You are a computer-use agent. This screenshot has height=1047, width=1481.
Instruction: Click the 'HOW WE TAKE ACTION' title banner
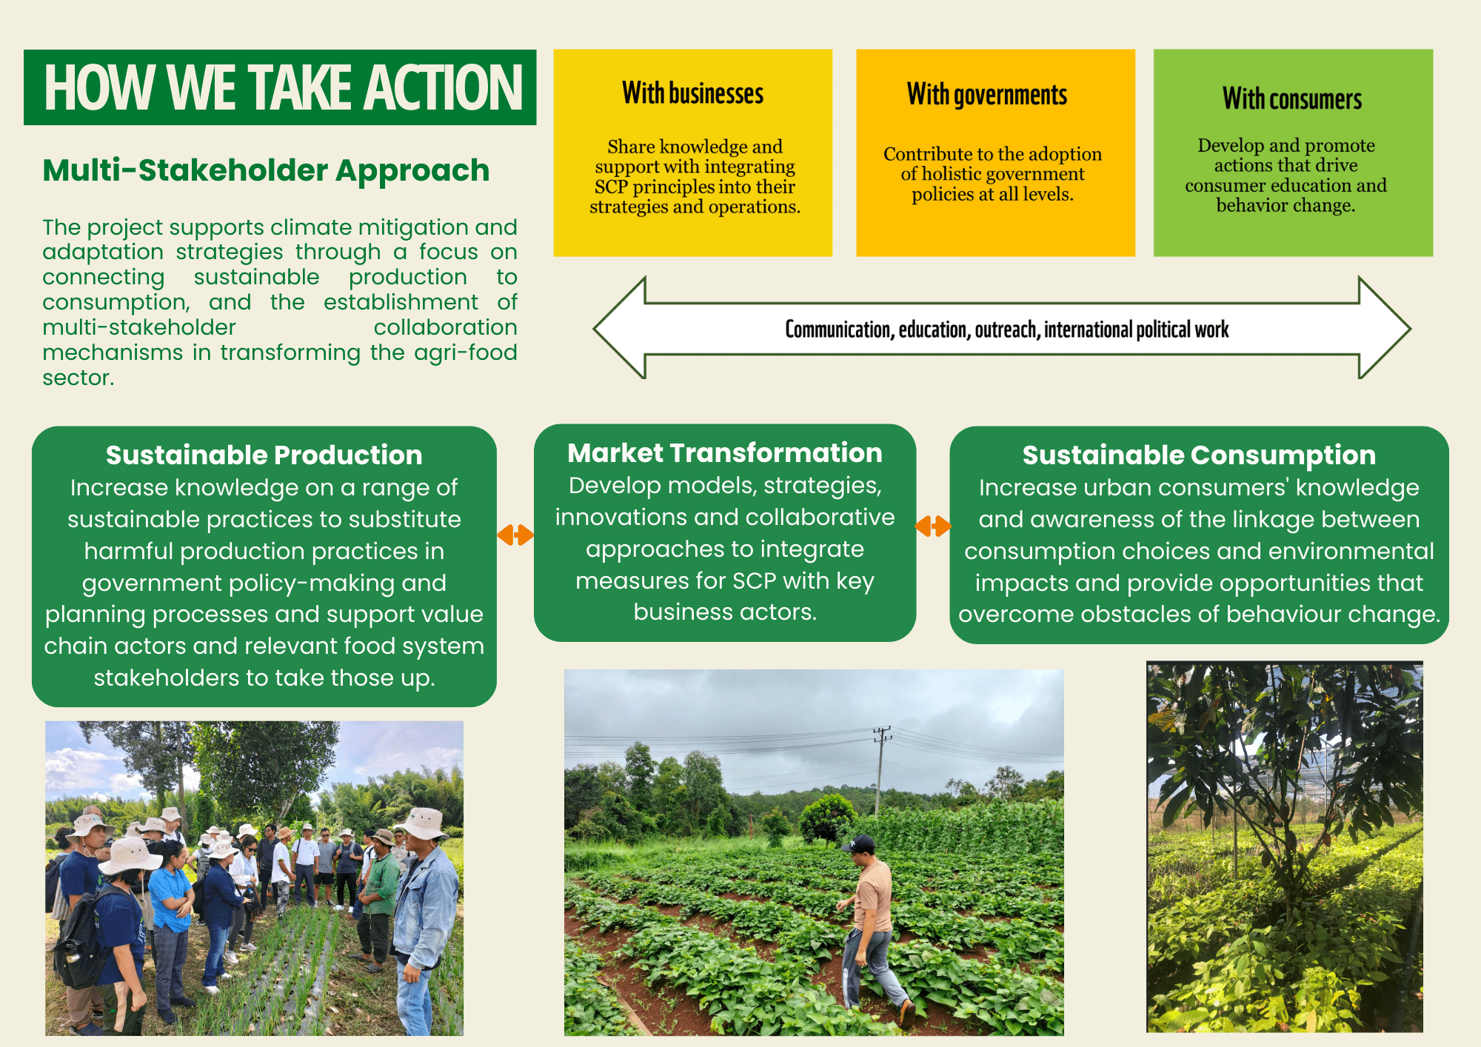click(x=280, y=87)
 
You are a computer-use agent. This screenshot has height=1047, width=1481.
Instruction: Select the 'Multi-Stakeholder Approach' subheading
click(x=266, y=170)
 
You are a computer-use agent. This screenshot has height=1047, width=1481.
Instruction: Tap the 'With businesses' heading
click(x=692, y=93)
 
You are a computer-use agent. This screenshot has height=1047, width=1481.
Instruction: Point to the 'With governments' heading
click(x=987, y=95)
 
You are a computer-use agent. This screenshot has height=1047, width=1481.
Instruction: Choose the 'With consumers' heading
click(x=1292, y=98)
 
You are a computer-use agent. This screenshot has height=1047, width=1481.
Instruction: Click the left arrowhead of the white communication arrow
click(x=619, y=328)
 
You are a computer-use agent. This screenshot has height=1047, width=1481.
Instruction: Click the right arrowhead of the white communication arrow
click(x=1385, y=328)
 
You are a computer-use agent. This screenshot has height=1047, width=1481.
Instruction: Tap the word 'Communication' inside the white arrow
click(x=838, y=330)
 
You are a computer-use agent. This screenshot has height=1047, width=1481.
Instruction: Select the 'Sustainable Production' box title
click(x=264, y=455)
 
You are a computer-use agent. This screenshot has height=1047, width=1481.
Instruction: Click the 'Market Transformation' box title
click(x=725, y=452)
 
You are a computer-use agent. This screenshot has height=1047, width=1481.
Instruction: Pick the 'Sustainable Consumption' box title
click(x=1199, y=455)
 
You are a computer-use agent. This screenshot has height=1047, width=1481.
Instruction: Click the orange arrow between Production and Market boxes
click(x=515, y=535)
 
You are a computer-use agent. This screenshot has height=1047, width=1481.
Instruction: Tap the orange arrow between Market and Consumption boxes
click(x=933, y=526)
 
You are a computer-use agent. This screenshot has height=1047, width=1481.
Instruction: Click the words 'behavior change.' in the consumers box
click(x=1286, y=205)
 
